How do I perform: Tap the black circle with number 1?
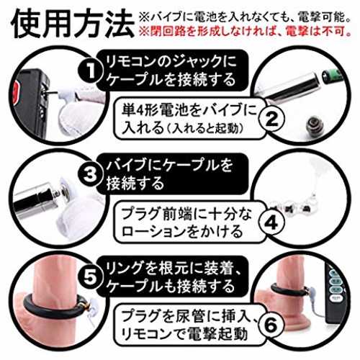click(90, 71)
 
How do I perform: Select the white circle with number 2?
click(271, 119)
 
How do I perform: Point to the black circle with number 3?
click(90, 174)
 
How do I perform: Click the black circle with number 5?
click(90, 276)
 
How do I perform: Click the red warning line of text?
click(244, 31)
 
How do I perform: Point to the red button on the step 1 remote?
click(17, 92)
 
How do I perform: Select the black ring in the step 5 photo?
click(55, 307)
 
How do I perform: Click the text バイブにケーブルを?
click(169, 165)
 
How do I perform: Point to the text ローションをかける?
click(182, 231)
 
